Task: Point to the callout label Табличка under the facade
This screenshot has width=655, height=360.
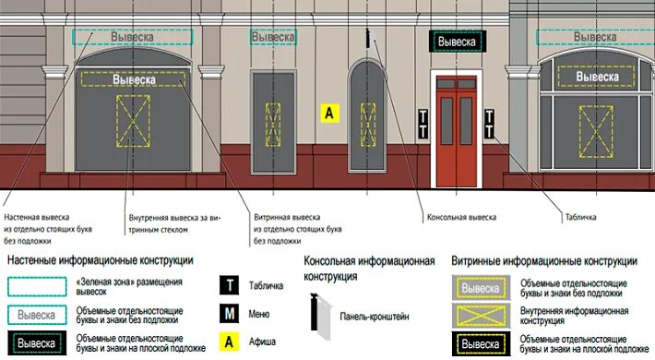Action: (580, 219)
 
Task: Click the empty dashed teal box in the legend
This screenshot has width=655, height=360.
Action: (36, 286)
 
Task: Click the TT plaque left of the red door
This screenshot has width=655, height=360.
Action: (423, 126)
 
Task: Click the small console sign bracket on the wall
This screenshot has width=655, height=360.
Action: (369, 39)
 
